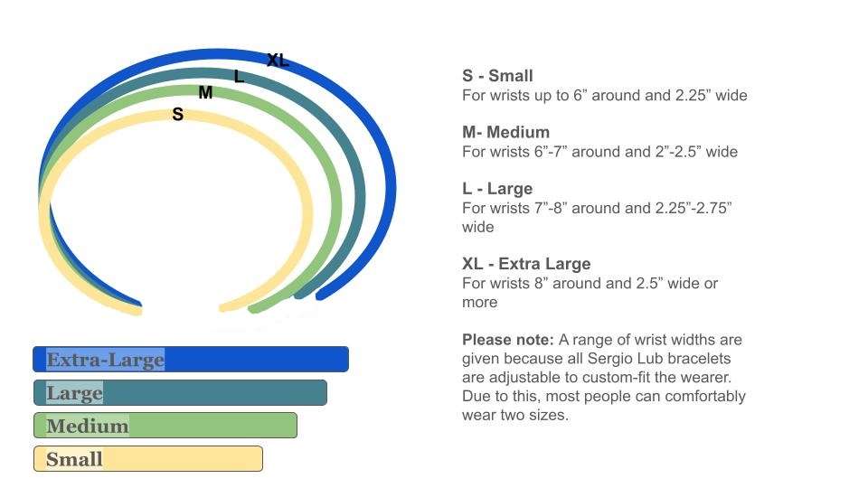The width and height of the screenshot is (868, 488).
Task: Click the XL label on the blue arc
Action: [x=278, y=60]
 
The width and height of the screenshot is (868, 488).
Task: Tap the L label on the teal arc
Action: [x=239, y=76]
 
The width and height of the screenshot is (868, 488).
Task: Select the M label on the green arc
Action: [x=205, y=92]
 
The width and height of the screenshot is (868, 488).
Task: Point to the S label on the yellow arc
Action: [x=178, y=115]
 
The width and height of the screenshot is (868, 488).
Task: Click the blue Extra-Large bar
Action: [x=191, y=359]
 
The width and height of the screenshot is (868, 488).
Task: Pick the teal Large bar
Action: [x=181, y=393]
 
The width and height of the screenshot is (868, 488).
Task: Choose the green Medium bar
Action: [x=165, y=426]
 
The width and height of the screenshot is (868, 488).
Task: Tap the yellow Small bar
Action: [x=148, y=459]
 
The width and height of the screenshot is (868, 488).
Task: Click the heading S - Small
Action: [x=497, y=76]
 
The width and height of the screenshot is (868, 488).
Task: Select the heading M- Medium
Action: [x=506, y=132]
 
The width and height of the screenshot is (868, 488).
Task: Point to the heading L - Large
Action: [x=497, y=189]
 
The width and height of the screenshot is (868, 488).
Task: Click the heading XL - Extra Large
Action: [x=526, y=264]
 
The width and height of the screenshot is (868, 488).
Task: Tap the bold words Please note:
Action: [x=508, y=340]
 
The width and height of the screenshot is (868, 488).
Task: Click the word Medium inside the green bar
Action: [x=88, y=426]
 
